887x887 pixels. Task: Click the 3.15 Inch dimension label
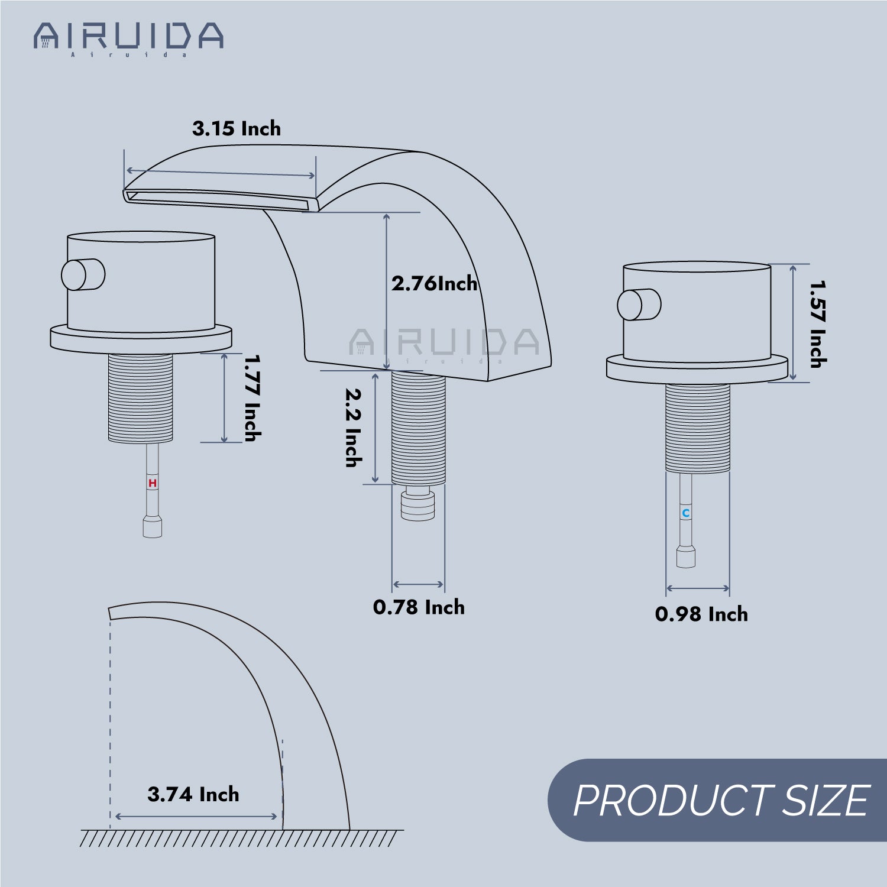237,128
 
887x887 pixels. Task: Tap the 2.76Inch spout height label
435,283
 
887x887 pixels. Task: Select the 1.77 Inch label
252,398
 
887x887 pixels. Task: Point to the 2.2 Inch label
354,428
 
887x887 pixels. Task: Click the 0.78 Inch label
419,607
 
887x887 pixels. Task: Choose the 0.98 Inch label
701,614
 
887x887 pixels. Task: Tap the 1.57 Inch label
818,324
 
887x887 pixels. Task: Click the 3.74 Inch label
193,794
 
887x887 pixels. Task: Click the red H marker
153,483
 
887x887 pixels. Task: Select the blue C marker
686,513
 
